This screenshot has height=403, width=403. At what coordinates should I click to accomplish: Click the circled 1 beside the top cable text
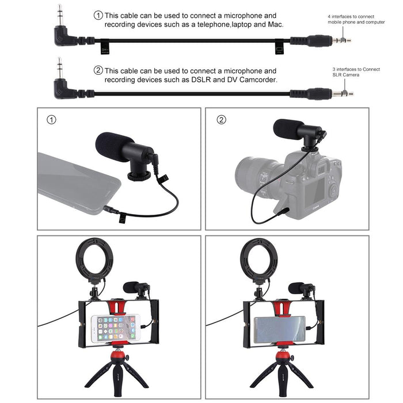click(98, 16)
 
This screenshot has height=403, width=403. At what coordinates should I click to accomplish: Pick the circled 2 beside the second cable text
click(98, 71)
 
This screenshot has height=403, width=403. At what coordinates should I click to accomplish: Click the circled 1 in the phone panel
click(52, 120)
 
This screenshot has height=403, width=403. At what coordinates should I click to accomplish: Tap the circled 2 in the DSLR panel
click(221, 120)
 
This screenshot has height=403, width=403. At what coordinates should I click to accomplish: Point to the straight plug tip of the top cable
click(344, 41)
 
